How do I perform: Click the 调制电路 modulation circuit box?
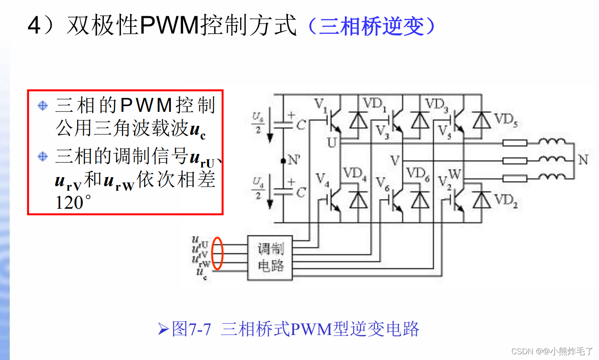270,258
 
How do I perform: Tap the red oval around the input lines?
217,253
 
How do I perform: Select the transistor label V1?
321,105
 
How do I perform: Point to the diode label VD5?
506,119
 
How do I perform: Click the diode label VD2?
506,201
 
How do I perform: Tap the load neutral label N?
583,160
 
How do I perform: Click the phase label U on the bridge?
332,143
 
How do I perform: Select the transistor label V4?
323,179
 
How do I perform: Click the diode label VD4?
354,174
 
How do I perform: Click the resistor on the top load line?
514,143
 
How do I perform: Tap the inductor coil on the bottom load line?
552,177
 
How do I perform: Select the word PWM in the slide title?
169,26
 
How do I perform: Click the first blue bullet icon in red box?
43,106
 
